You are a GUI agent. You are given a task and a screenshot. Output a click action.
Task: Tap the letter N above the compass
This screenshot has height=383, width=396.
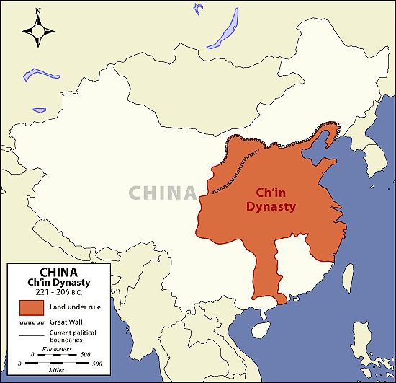pyautogui.click(x=38, y=12)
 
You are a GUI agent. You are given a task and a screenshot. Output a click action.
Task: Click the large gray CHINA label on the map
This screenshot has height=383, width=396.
pyautogui.click(x=162, y=193)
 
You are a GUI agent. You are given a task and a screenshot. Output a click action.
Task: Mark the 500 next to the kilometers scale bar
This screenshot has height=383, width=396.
pyautogui.click(x=84, y=354)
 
